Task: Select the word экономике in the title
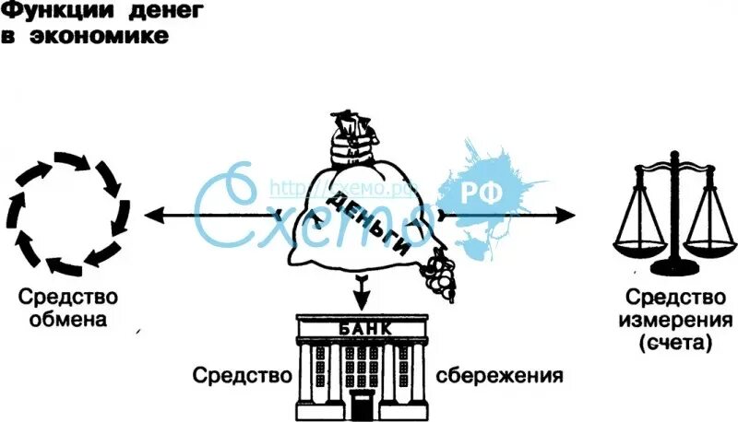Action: point(109,39)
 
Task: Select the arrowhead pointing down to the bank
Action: point(362,300)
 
